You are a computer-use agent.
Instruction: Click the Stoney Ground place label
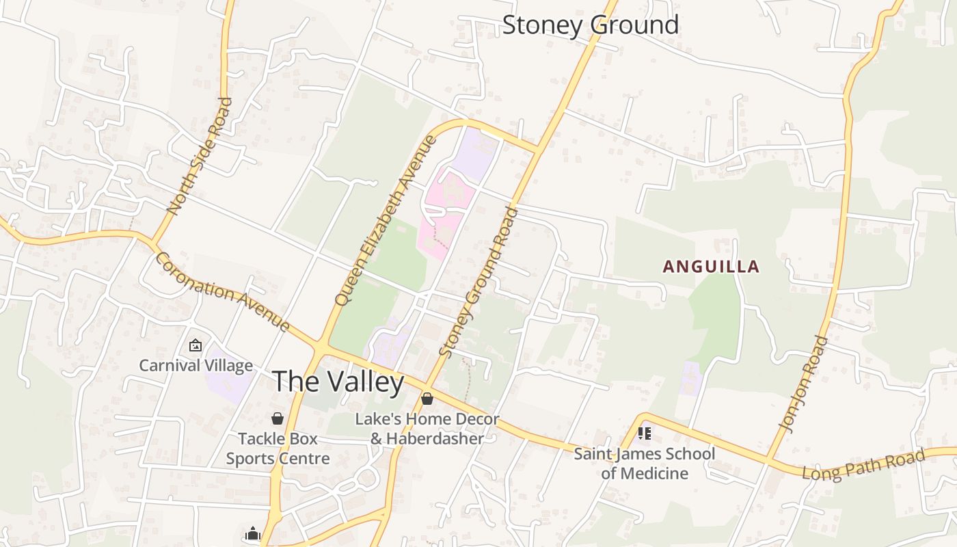click(591, 25)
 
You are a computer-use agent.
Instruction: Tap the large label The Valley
click(338, 382)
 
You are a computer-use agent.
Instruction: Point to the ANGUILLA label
click(711, 267)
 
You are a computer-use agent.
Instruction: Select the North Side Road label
click(199, 156)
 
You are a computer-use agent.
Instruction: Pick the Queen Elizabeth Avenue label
click(385, 220)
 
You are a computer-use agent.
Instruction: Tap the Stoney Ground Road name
click(479, 281)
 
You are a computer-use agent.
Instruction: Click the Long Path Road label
click(863, 464)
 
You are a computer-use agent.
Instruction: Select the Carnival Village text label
click(196, 366)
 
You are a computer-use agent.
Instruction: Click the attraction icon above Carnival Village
click(196, 345)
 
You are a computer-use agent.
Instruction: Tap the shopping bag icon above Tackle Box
click(278, 418)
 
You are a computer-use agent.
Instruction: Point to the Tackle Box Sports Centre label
click(278, 449)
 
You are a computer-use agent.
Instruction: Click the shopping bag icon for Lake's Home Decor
click(427, 399)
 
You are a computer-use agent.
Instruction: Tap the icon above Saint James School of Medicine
click(644, 433)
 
